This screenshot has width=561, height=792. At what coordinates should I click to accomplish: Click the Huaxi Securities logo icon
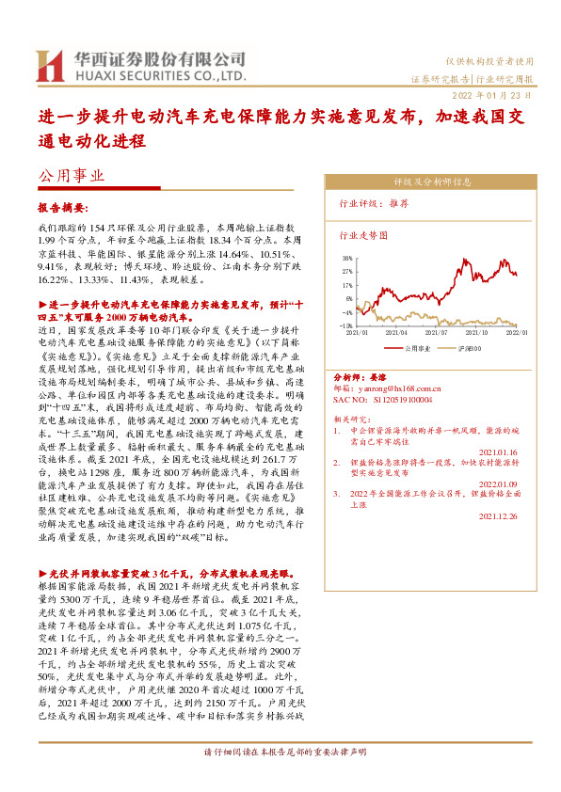(x=50, y=65)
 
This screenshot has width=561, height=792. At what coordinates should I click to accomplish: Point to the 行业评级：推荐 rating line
(x=373, y=202)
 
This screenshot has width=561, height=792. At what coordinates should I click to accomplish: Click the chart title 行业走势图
(x=362, y=235)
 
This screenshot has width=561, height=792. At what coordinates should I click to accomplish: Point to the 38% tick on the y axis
(x=347, y=257)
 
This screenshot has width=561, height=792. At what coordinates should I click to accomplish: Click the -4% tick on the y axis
(x=348, y=310)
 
